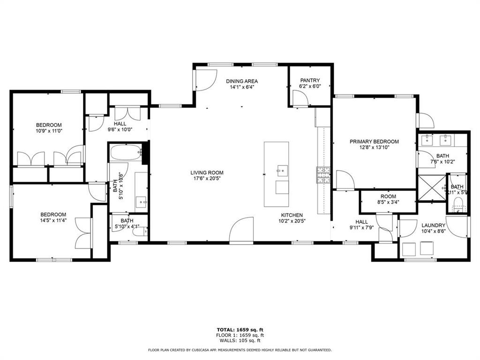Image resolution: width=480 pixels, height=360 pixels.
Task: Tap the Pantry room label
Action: [x=310, y=80]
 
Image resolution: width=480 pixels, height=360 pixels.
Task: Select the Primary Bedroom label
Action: [x=374, y=141]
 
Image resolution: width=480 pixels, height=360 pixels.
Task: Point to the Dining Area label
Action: [x=241, y=81]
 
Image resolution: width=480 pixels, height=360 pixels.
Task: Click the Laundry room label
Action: [x=433, y=225]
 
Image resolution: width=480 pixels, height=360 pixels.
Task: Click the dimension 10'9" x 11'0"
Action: [x=49, y=131]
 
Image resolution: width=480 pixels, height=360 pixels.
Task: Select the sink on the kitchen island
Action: [x=282, y=169]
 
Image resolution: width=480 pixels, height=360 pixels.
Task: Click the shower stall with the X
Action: [x=431, y=188]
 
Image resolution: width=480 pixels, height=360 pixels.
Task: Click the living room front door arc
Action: [x=241, y=230]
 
